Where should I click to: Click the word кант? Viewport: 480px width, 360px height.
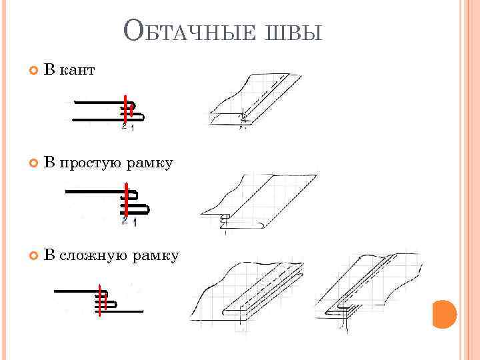click(77, 69)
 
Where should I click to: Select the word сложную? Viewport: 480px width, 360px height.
click(95, 255)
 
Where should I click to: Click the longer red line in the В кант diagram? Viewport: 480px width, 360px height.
click(125, 111)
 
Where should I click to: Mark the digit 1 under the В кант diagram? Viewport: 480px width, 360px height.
click(132, 128)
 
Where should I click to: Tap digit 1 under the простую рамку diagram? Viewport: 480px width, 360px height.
click(135, 223)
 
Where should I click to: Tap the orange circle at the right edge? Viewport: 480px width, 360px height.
click(443, 314)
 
